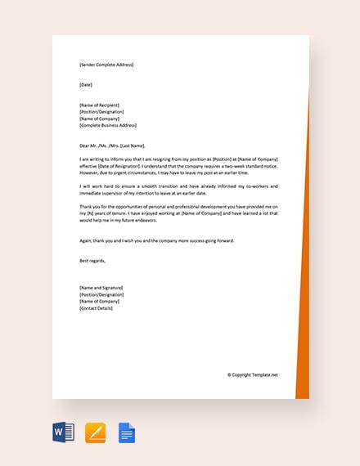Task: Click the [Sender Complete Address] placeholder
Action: (x=106, y=65)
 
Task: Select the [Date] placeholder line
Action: (x=86, y=85)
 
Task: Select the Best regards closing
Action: (x=93, y=261)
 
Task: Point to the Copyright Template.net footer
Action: (x=253, y=375)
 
